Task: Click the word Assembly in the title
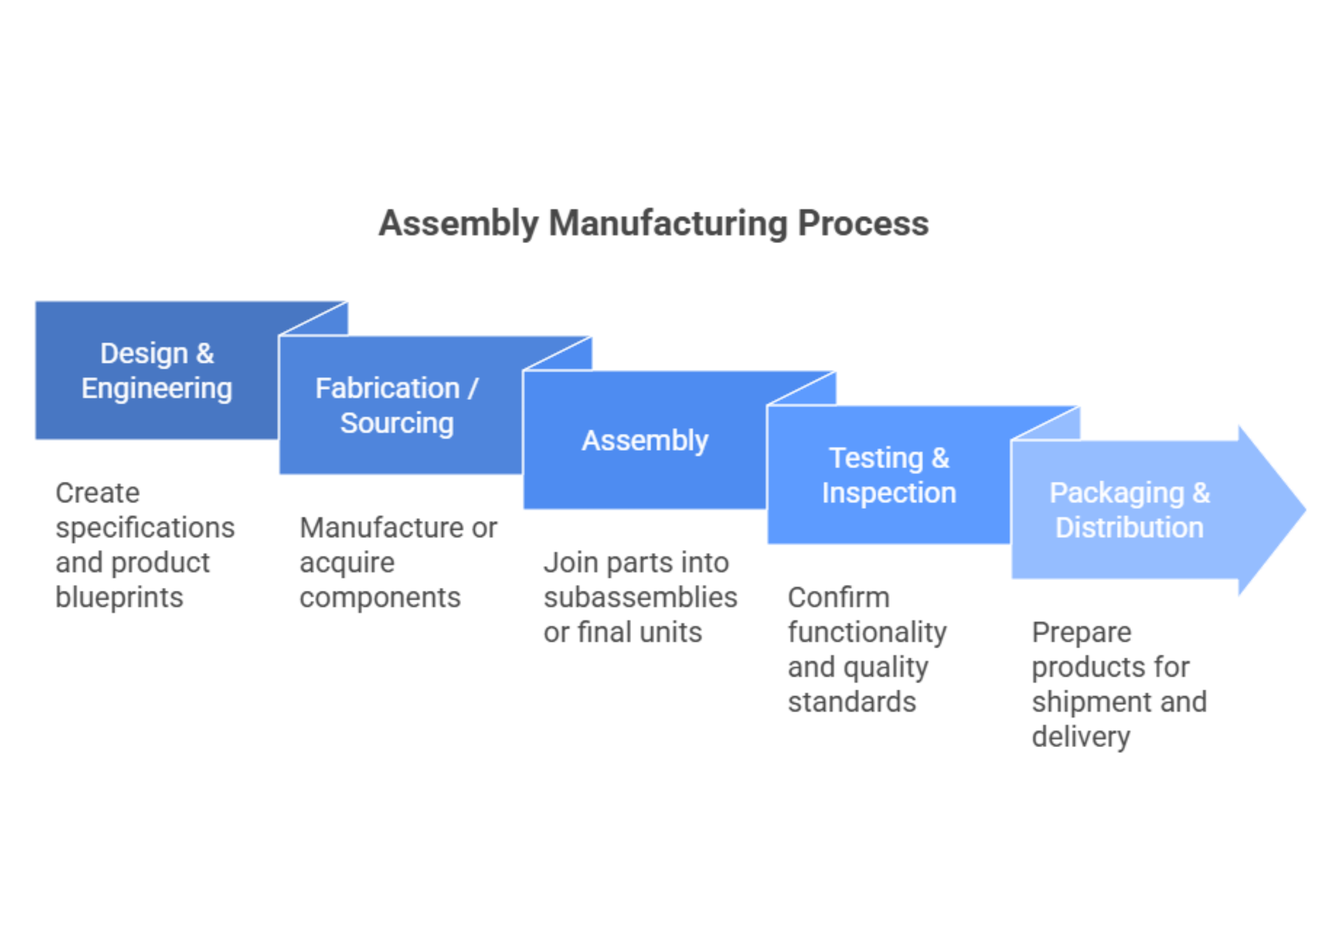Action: click(459, 224)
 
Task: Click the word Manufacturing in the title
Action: click(668, 224)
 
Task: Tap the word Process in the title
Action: click(863, 224)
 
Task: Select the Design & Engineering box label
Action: click(157, 371)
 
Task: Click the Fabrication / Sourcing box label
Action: click(396, 405)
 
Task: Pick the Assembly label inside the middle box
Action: click(645, 441)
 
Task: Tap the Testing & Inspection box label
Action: click(889, 475)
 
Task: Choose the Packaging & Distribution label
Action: click(1129, 510)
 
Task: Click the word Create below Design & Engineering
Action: click(97, 493)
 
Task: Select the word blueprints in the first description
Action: click(119, 597)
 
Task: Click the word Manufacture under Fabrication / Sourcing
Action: click(381, 528)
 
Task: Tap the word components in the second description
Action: click(380, 597)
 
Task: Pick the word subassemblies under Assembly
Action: click(641, 597)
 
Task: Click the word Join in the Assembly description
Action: click(569, 563)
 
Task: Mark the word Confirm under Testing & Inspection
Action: click(838, 597)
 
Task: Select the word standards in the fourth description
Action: click(852, 702)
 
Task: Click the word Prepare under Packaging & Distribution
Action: click(1081, 633)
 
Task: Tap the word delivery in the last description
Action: click(1081, 737)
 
